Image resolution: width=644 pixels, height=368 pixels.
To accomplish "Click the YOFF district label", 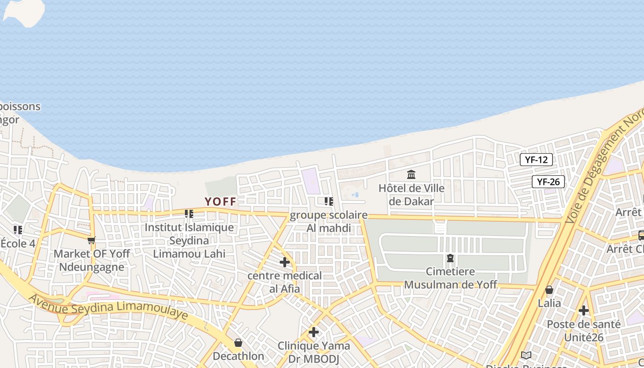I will click(220, 201).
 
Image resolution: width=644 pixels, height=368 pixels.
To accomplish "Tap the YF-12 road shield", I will click(536, 160).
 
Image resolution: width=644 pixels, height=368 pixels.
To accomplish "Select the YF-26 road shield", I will click(548, 182).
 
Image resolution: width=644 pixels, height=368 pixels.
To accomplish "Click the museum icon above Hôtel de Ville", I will click(411, 175).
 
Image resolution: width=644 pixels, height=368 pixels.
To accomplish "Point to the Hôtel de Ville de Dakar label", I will click(411, 195).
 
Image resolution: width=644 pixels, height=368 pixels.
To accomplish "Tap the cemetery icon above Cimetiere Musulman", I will click(450, 258).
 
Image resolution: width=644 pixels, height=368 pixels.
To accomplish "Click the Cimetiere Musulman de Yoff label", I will click(450, 278).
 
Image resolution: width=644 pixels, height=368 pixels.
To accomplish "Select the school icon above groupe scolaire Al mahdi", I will click(328, 201).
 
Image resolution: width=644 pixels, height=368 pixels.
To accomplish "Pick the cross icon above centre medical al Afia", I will click(285, 262).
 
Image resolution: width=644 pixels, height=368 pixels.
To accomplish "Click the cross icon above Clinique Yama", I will click(314, 332).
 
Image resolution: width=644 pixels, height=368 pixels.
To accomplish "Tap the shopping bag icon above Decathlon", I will click(238, 343).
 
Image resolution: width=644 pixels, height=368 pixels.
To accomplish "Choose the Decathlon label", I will click(238, 356).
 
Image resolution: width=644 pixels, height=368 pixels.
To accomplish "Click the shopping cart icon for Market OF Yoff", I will click(92, 240).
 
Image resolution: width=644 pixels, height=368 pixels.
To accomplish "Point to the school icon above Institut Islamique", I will click(189, 214).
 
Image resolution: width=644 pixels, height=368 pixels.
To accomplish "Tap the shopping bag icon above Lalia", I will click(549, 290).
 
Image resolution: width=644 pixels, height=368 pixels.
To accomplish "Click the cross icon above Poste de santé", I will click(584, 310).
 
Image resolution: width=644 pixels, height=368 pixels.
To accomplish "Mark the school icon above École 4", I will click(18, 230).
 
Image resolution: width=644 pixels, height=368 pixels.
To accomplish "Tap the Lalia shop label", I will click(549, 303).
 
